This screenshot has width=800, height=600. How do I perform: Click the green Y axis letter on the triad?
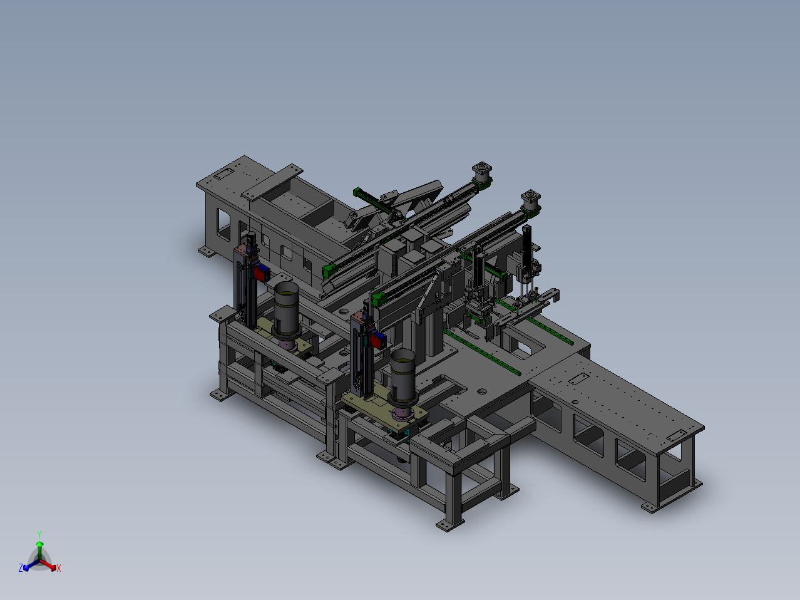coord(39,535)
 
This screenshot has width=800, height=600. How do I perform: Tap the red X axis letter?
coord(59,568)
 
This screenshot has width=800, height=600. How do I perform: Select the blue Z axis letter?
coord(21,567)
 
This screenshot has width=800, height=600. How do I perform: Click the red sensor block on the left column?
coord(261,274)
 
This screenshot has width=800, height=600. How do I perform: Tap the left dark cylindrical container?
coord(287,310)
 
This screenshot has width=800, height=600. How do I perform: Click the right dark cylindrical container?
coord(403,377)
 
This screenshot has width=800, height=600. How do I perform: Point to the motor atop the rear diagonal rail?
coord(482,173)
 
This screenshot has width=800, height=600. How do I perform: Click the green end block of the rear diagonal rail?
coord(329,271)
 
